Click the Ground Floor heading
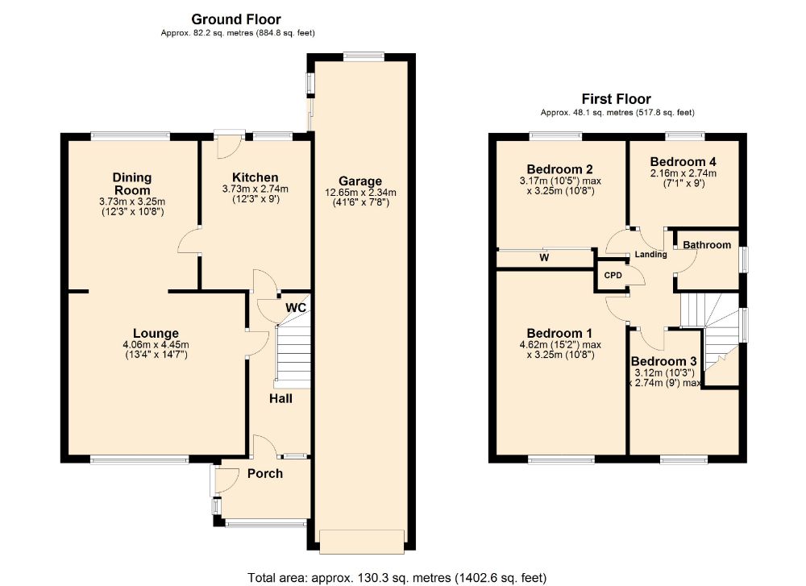tap(236, 19)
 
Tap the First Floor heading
tap(617, 98)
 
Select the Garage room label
tap(360, 181)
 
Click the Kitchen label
tap(255, 177)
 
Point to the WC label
tap(296, 307)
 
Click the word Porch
tap(264, 473)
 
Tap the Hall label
tap(280, 398)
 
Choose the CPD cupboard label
tap(613, 276)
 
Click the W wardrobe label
tap(544, 257)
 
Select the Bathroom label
tap(707, 245)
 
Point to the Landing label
tap(650, 254)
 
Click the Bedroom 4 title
tap(683, 162)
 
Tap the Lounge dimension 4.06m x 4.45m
tap(156, 345)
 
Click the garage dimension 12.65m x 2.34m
tap(360, 193)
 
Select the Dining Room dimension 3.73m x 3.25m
tap(132, 202)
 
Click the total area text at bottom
tap(397, 578)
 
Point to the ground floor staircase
tap(293, 355)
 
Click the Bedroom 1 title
tap(560, 334)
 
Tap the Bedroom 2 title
tap(560, 169)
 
